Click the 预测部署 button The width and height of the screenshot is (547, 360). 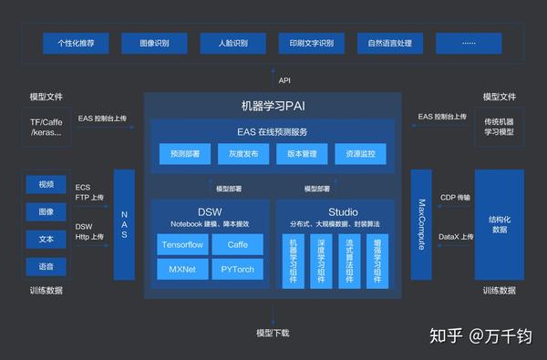coord(185,155)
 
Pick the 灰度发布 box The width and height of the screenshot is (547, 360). coord(243,155)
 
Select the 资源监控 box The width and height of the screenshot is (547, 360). coord(360,155)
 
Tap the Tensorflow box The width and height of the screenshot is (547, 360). coord(181,245)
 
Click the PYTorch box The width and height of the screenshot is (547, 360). coord(237,269)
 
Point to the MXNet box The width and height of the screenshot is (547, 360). coord(181,269)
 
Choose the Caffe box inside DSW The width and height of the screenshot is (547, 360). coord(237,245)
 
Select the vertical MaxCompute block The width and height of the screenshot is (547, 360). coord(422,224)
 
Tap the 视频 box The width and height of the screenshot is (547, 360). coord(46,184)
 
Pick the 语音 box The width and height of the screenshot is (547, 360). coord(46,266)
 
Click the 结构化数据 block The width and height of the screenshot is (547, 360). coord(499,224)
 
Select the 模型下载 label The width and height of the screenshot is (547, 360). coord(273,333)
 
